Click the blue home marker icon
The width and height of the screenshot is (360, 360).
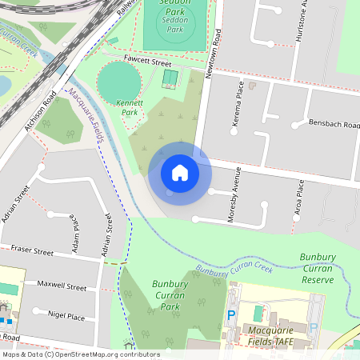point(180,172)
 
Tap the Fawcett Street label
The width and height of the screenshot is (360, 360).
point(148,62)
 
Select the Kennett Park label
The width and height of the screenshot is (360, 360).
point(130,108)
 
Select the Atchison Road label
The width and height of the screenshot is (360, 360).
point(40,112)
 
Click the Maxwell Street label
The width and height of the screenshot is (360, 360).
point(66,286)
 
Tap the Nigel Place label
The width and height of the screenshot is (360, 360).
point(66,316)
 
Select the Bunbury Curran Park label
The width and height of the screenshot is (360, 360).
point(170,294)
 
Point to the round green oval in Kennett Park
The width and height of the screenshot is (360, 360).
point(118,79)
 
